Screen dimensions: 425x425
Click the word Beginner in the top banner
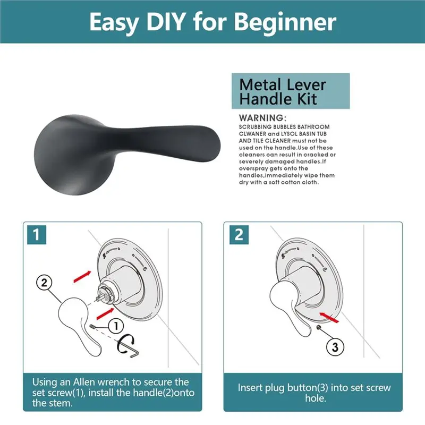[285, 23]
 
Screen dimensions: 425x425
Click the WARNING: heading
[262, 118]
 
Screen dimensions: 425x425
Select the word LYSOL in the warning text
[290, 134]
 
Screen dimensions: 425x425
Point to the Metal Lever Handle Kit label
[291, 91]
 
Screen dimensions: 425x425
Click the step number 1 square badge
[37, 234]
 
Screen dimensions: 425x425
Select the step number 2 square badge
[239, 234]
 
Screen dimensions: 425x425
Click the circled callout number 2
[44, 283]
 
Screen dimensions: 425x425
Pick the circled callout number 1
[116, 326]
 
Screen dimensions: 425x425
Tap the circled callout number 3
[335, 347]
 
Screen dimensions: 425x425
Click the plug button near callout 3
[319, 328]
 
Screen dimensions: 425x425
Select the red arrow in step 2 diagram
[329, 317]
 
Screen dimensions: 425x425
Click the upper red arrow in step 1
[82, 276]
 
